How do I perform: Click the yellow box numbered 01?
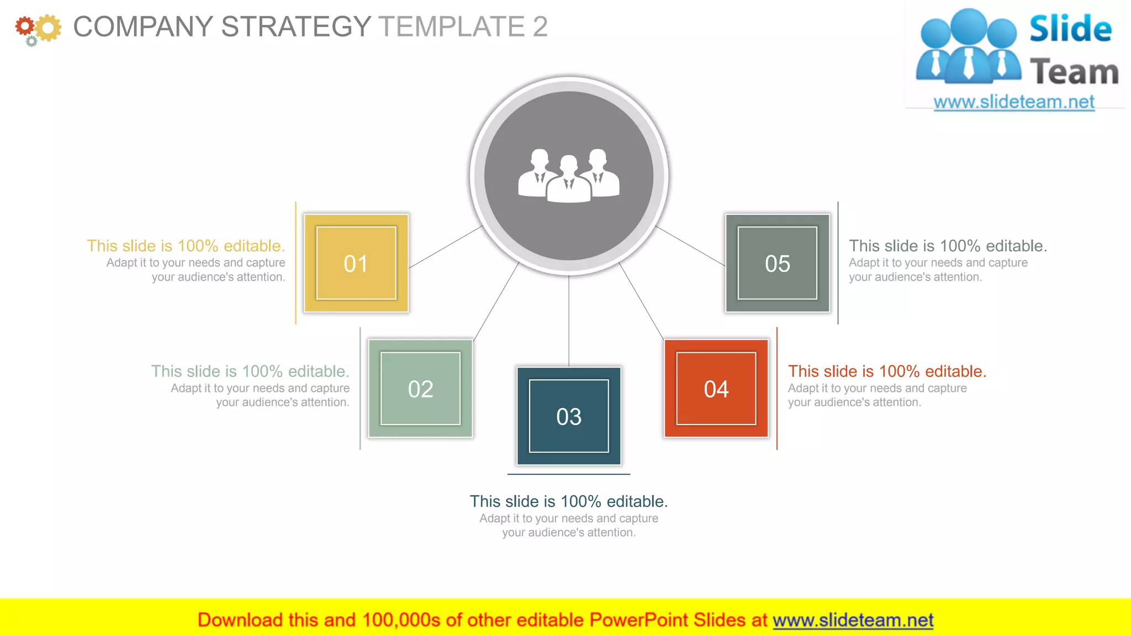[356, 263]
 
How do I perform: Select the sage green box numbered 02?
[420, 389]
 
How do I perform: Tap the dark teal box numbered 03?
[569, 416]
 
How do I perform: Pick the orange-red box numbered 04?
[716, 389]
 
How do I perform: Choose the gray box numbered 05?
[778, 263]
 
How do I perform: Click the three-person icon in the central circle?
[569, 175]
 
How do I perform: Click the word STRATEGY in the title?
[296, 26]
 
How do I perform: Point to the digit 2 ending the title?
[540, 26]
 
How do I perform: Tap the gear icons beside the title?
[38, 29]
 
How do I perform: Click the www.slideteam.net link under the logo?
[1014, 102]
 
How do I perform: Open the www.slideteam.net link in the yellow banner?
[853, 620]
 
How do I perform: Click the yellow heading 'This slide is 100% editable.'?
[186, 246]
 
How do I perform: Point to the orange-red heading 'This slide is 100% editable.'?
[887, 371]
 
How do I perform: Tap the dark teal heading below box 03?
[569, 501]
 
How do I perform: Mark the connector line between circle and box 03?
[569, 320]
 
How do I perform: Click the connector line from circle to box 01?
[446, 247]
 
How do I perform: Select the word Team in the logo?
[1074, 72]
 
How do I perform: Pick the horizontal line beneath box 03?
[569, 474]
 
